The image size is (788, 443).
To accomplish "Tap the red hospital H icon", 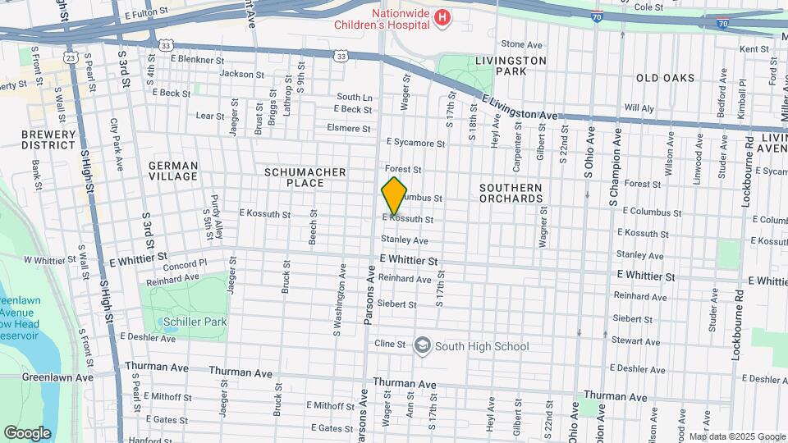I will [442, 16].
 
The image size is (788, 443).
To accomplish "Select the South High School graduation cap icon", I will [422, 346].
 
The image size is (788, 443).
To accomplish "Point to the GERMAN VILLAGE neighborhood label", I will [173, 171].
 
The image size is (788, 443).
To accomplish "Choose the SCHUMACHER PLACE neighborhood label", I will [305, 178].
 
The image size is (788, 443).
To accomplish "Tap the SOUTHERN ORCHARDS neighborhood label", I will [511, 193].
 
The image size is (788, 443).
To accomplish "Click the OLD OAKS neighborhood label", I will [665, 78].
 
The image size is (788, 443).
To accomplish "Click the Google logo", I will [27, 432].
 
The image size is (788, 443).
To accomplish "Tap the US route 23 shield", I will [71, 58].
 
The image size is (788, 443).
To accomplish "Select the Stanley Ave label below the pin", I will [404, 240].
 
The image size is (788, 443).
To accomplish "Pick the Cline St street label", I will [390, 344].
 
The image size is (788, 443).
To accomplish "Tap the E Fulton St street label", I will [146, 13].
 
